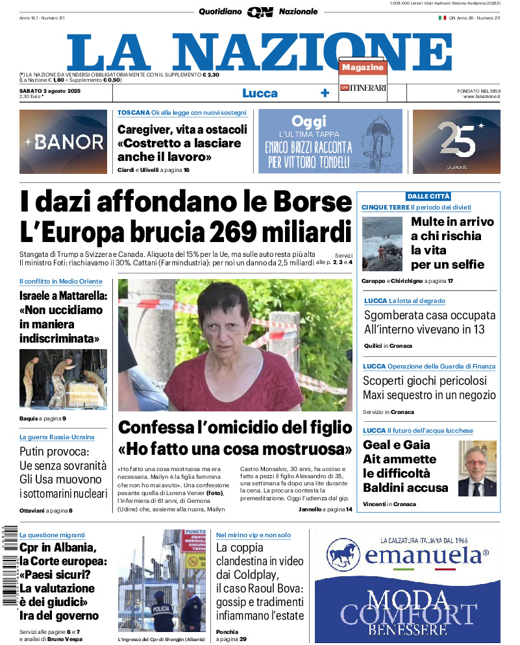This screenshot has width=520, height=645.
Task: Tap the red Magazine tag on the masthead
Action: pos(363,67)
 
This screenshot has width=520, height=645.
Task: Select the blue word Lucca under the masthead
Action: pos(260,93)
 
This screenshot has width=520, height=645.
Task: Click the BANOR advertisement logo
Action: pos(63,141)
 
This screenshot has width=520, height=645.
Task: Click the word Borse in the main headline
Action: pos(310,202)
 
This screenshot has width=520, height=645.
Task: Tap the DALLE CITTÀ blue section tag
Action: pos(428,196)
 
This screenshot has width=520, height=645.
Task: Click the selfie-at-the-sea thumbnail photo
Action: pos(382,244)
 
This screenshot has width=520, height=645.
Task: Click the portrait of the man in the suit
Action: pos(477,468)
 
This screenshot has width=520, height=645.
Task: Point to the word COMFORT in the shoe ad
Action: pos(408,614)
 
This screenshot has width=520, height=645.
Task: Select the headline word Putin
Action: pos(36,452)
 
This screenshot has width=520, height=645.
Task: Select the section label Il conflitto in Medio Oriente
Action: pos(60,281)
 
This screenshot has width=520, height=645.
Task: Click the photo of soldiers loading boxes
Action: pos(63,378)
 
